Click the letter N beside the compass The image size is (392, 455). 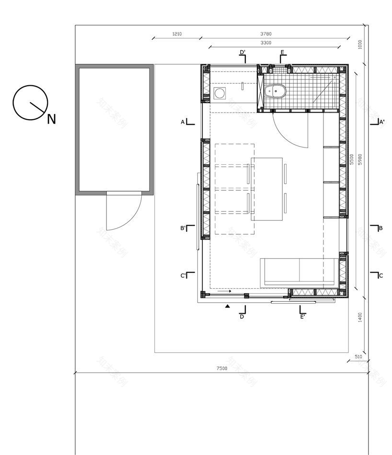pos(51,119)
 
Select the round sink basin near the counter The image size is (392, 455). pos(220,93)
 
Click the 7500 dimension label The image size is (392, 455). pos(221,368)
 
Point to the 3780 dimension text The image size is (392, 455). pos(265,34)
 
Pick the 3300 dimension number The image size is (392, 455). pos(265,43)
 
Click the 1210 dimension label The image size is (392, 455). pos(176,34)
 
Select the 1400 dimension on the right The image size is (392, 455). pos(360,317)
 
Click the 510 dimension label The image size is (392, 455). pos(358,357)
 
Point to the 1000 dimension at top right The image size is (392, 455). pos(360,44)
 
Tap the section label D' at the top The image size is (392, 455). pos(242,52)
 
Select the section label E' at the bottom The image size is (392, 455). pos(302,316)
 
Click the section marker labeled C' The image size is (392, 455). pos(183,275)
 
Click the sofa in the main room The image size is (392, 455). pos(298,272)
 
